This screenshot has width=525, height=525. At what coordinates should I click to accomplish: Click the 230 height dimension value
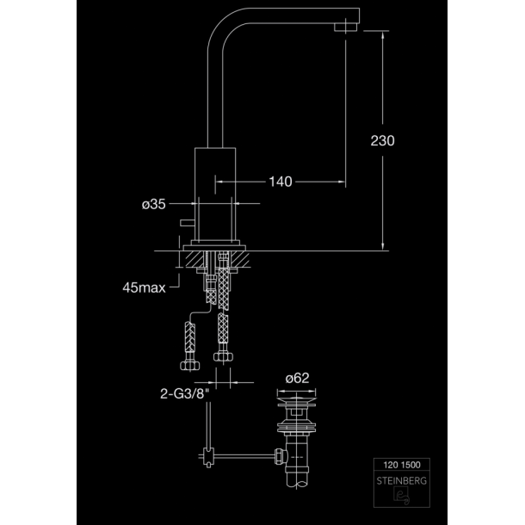click(x=382, y=140)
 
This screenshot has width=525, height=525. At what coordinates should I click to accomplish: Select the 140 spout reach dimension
click(x=281, y=182)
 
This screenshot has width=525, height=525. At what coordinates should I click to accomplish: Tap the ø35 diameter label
click(x=154, y=204)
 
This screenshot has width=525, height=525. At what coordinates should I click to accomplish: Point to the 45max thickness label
click(x=144, y=287)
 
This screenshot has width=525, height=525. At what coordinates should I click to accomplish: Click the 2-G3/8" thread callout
click(x=184, y=394)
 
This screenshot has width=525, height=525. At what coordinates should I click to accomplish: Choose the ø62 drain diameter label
click(x=297, y=378)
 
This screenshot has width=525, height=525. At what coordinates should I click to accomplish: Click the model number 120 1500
click(x=402, y=465)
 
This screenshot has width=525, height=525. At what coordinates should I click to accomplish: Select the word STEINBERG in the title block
click(x=402, y=481)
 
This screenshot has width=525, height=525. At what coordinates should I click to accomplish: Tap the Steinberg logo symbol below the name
click(x=401, y=496)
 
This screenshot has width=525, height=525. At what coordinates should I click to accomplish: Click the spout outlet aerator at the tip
click(x=346, y=28)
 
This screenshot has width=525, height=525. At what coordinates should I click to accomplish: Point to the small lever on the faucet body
click(x=187, y=223)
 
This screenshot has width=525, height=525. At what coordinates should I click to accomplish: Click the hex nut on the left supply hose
click(x=190, y=365)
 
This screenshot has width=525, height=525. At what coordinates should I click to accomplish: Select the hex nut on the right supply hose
click(x=223, y=356)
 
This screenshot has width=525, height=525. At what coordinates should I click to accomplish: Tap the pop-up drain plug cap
click(x=296, y=400)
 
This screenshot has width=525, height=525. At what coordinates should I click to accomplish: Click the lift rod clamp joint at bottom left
click(x=208, y=457)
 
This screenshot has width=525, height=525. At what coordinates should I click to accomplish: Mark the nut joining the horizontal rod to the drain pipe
click(x=281, y=456)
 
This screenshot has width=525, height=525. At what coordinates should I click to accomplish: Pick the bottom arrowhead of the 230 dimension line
click(x=383, y=246)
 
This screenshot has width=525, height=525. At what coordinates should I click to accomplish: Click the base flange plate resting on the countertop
click(x=214, y=248)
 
